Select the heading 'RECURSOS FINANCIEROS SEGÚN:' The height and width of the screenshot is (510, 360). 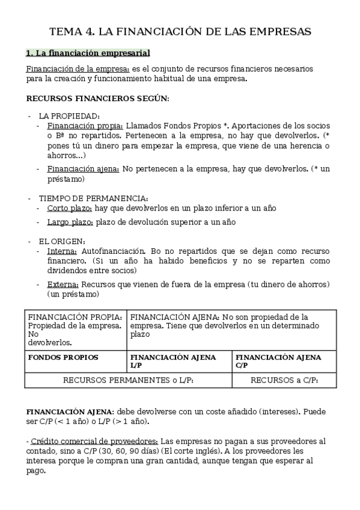[x=98, y=97]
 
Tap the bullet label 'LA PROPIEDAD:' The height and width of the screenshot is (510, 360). [x=69, y=115]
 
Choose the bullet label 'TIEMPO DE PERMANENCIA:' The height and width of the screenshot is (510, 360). [x=93, y=198]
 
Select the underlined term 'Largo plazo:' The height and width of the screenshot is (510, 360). [x=70, y=222]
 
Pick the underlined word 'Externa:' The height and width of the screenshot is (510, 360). [x=63, y=284]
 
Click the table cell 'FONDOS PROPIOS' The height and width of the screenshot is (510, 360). [x=63, y=357]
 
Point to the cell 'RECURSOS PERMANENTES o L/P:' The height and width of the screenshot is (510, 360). [x=129, y=380]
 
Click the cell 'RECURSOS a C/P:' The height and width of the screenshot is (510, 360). [x=284, y=380]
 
